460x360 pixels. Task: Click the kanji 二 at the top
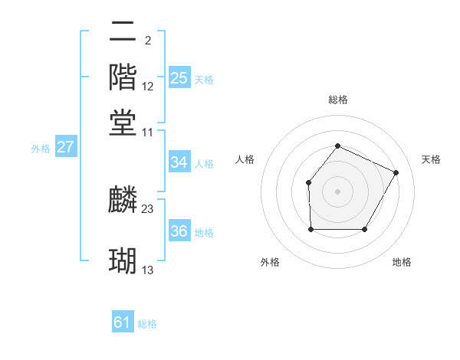123,32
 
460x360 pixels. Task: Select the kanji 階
123,77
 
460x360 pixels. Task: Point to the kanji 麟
123,200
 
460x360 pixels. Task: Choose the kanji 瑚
123,261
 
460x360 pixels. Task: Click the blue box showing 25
179,78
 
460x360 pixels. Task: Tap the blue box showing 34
179,162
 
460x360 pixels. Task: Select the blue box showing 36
179,232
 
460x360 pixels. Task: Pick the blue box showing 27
65,148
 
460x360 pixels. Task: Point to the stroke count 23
148,209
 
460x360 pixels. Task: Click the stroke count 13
148,270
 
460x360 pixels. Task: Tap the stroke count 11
148,132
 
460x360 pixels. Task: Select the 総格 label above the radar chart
337,100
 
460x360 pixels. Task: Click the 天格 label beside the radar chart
432,159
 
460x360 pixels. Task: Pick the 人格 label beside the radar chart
245,159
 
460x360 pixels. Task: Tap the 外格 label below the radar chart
270,263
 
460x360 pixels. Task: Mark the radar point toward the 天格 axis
396,172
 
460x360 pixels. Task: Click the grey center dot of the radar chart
337,191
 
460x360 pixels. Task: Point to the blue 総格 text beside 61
147,324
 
